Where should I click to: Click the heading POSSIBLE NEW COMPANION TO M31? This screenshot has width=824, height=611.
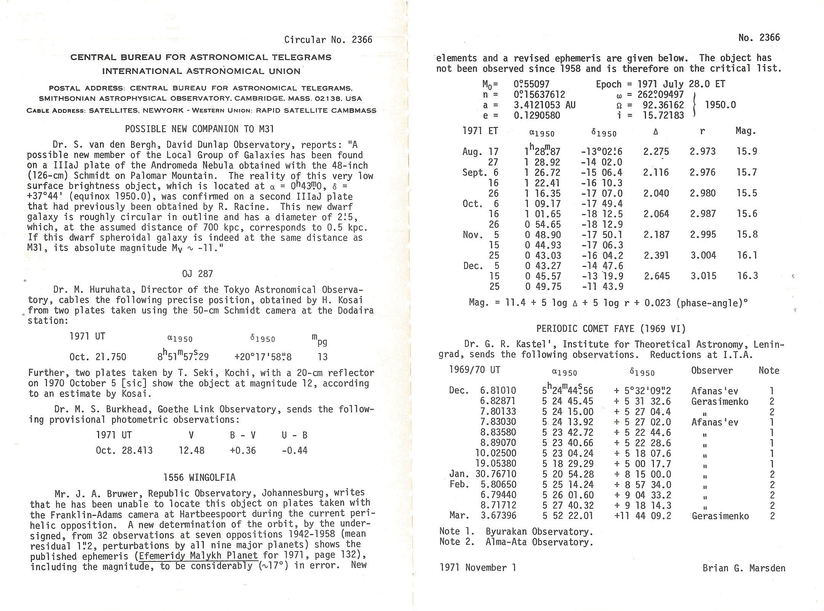tap(199, 129)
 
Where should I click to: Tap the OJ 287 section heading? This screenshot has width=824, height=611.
tap(197, 274)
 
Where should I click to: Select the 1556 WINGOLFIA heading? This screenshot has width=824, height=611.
tap(199, 478)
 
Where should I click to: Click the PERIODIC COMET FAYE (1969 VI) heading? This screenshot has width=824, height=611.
tap(611, 329)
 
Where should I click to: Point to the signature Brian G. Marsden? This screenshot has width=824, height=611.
tap(744, 568)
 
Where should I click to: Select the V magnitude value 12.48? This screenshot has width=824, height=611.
tap(192, 451)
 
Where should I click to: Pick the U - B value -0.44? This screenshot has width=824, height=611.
tap(294, 451)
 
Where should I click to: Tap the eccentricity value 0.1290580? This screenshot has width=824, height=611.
tap(537, 115)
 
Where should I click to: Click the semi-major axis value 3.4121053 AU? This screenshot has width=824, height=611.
tap(544, 105)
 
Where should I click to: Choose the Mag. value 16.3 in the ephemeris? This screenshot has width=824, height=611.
tap(747, 276)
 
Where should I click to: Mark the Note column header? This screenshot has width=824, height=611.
tap(769, 371)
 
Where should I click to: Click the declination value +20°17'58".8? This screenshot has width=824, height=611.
tap(263, 357)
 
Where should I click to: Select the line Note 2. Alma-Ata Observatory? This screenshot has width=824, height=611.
tap(516, 542)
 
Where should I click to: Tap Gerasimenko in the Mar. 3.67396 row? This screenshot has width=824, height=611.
tap(720, 516)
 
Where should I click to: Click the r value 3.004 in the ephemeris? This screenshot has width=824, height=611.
tap(703, 255)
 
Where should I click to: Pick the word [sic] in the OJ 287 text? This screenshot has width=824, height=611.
tap(141, 383)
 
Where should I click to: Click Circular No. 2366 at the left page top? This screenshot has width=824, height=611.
tap(328, 40)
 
